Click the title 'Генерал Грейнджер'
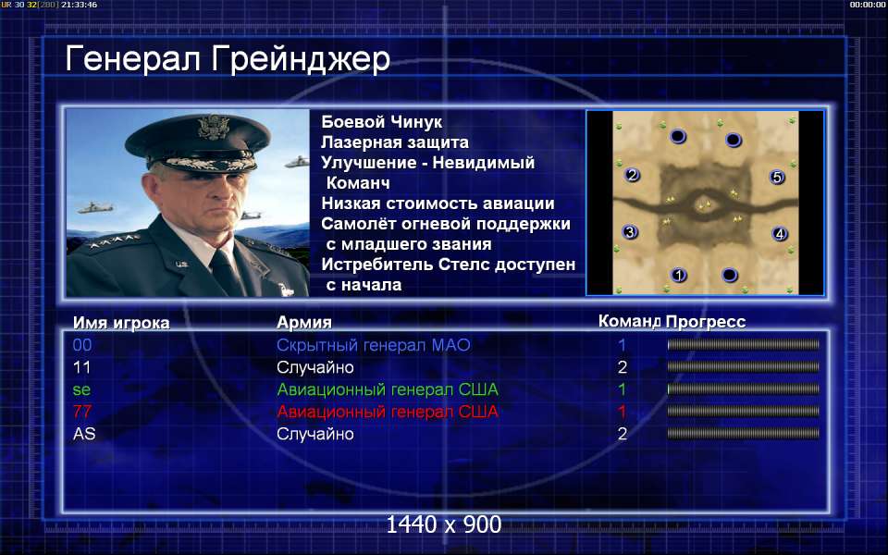tap(228, 59)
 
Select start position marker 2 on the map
tap(632, 175)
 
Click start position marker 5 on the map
tap(778, 178)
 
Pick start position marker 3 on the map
tap(630, 231)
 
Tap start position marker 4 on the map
tap(780, 233)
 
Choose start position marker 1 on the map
tap(678, 276)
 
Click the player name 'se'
tap(81, 389)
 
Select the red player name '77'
tap(81, 412)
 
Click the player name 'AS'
tap(84, 434)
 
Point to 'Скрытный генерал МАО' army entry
tap(373, 345)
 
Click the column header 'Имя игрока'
tap(121, 323)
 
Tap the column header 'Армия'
tap(304, 323)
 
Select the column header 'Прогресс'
tap(706, 322)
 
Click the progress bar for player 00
tap(743, 344)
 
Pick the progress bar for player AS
tap(743, 433)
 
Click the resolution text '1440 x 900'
tap(443, 525)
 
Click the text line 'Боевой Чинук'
tap(382, 122)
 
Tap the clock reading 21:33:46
tap(80, 5)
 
